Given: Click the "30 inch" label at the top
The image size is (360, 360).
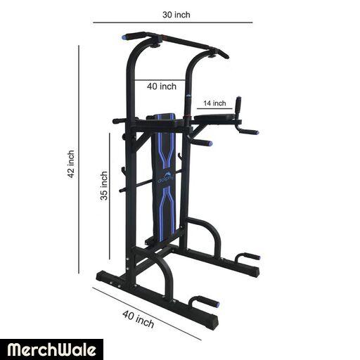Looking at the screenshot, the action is click(176, 15).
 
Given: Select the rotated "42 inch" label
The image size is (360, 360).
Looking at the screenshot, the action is click(71, 165).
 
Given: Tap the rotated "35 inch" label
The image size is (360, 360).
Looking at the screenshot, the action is click(104, 186).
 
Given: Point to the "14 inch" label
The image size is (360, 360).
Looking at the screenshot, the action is click(214, 103).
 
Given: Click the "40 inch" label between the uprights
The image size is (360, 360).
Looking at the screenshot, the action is click(162, 86).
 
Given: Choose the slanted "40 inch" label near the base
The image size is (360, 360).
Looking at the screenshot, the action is click(139, 319).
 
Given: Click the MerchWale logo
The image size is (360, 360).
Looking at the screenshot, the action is click(51, 349).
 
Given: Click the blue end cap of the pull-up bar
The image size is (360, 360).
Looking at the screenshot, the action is click(124, 37).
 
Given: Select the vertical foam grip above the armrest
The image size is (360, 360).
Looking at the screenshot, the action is click(238, 105).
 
